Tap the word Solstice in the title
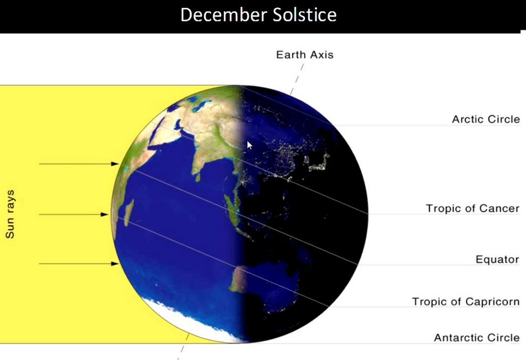click(305, 15)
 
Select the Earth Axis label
click(305, 55)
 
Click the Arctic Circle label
click(486, 119)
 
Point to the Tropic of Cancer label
click(472, 208)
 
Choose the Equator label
click(498, 259)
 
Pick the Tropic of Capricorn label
click(466, 302)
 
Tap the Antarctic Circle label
click(477, 337)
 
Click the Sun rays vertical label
click(10, 214)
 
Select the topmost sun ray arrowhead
click(115, 164)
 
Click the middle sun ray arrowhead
click(104, 214)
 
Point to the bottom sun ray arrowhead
click(115, 264)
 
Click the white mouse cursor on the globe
click(250, 146)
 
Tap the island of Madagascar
click(129, 212)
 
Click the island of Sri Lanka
click(198, 177)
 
